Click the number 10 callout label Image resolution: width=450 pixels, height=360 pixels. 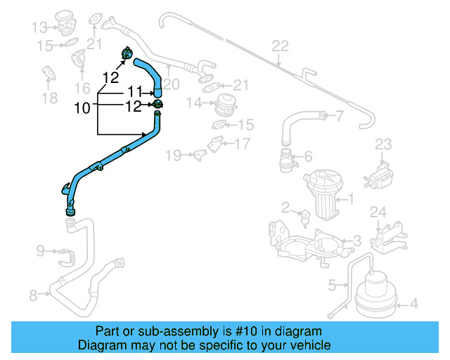[x=82, y=108]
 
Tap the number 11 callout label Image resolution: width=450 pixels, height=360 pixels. [x=136, y=92]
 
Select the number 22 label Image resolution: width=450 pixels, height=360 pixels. [x=280, y=46]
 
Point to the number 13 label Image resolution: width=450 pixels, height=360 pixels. [x=39, y=27]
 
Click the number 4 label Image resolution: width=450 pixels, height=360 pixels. [x=413, y=304]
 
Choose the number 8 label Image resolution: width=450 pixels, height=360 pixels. [x=33, y=295]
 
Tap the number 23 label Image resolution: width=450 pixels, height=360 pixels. [x=382, y=145]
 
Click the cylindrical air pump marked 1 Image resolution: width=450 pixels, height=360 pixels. [x=324, y=193]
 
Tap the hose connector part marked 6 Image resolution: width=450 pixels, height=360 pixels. [x=285, y=160]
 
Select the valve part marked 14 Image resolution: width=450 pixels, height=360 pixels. [x=226, y=104]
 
